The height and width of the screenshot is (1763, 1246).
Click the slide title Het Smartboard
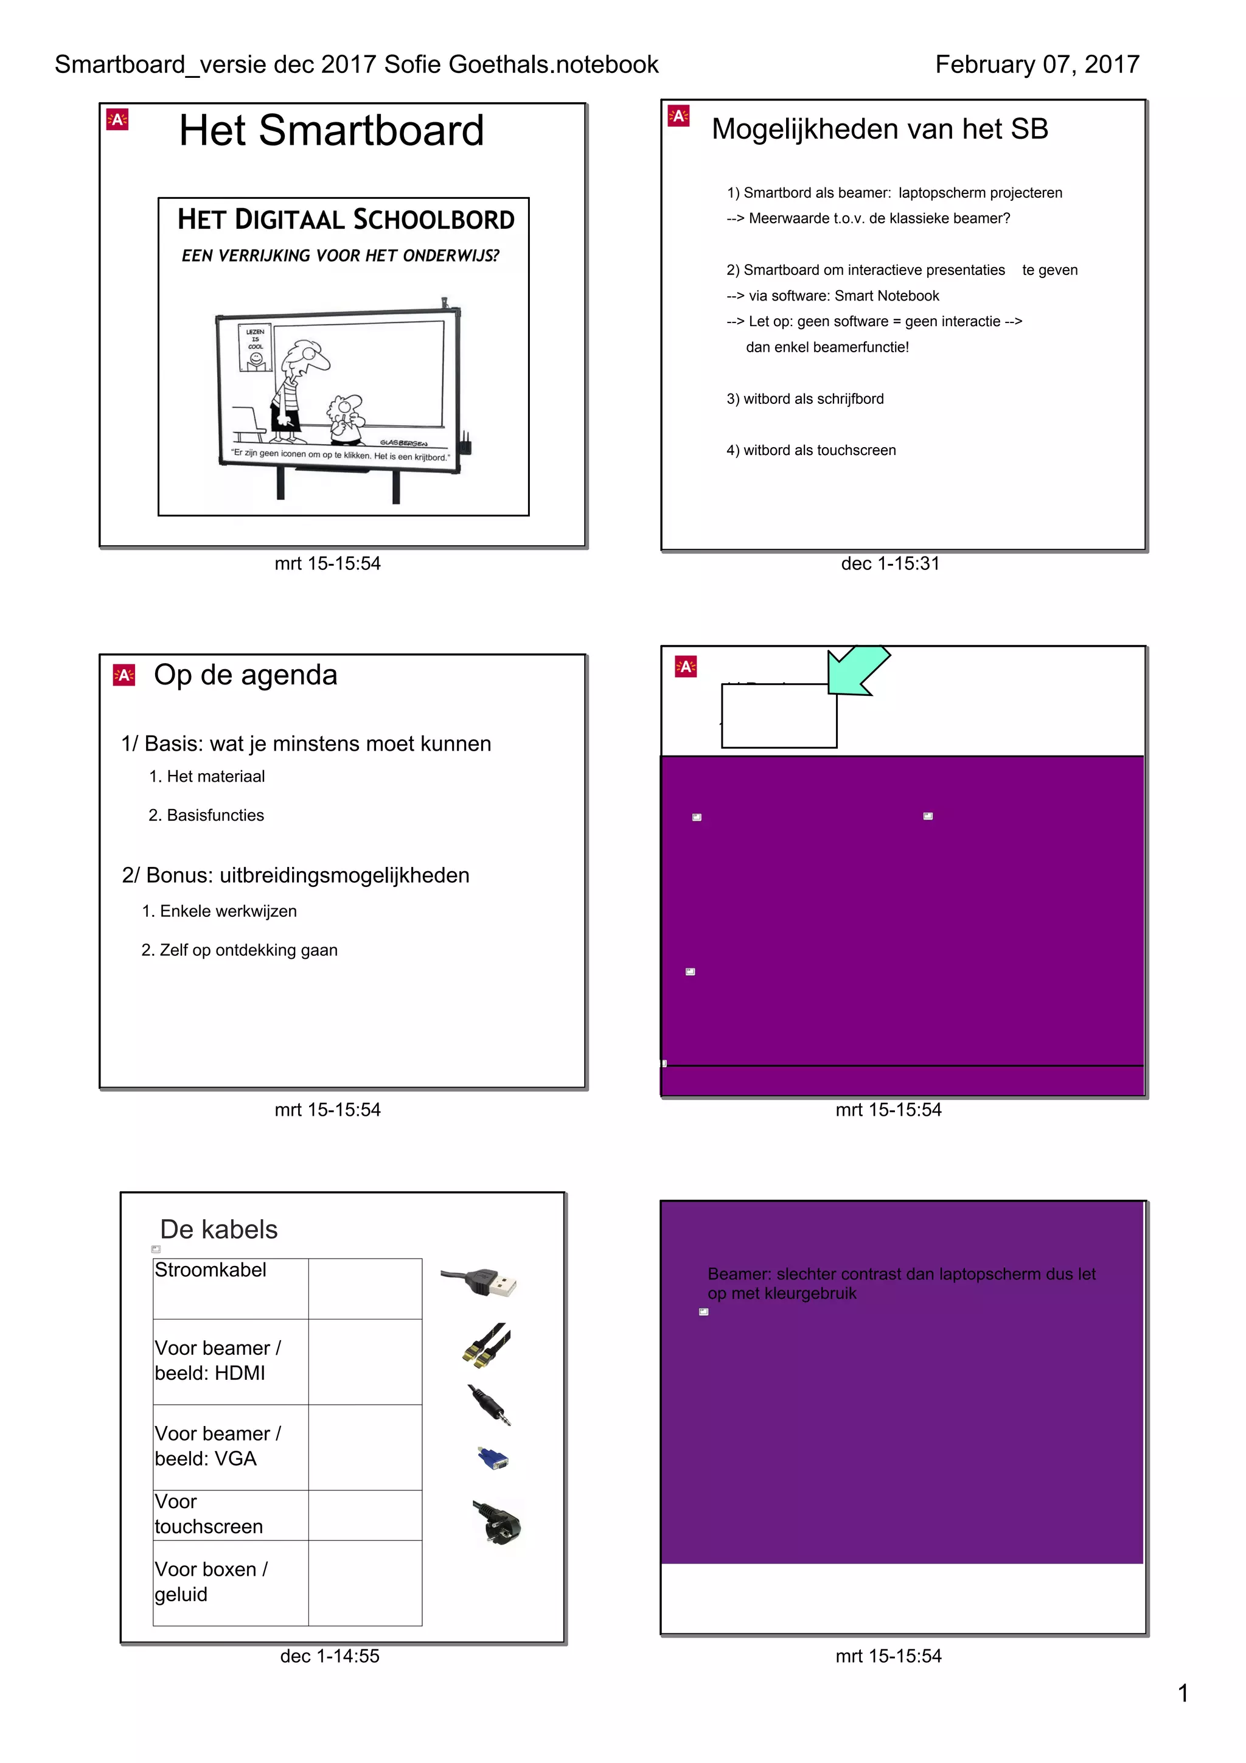(x=331, y=131)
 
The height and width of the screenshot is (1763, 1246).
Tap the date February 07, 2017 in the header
(x=1037, y=64)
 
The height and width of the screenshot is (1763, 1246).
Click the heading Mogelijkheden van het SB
(x=879, y=129)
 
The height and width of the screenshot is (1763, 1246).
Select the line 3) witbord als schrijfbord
(x=804, y=398)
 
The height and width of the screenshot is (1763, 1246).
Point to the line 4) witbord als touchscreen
(x=811, y=450)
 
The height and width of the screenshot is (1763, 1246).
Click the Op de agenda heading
(x=245, y=675)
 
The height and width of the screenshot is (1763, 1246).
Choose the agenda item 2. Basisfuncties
(x=206, y=815)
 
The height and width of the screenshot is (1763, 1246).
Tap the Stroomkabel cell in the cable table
(x=211, y=1270)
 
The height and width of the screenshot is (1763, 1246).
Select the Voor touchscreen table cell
(x=208, y=1514)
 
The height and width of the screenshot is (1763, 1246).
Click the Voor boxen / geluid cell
(x=211, y=1582)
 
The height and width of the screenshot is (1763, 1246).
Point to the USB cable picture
(x=479, y=1282)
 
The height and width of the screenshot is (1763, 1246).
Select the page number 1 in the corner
(x=1182, y=1692)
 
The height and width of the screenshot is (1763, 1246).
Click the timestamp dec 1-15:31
(x=889, y=563)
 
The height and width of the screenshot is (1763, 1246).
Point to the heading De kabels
(x=219, y=1229)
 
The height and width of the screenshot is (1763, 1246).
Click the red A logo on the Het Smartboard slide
(x=117, y=120)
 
